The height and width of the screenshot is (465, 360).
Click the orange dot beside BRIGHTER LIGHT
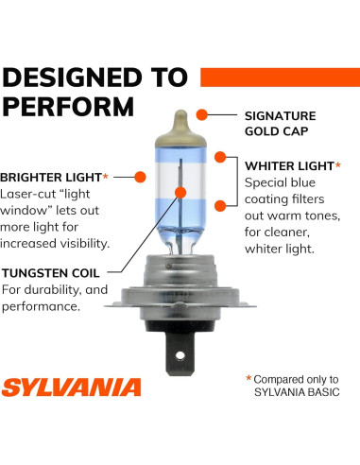pyautogui.click(x=140, y=177)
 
